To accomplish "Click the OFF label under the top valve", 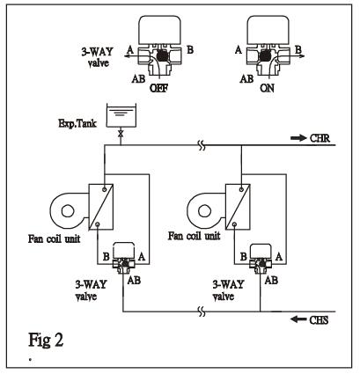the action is click(x=159, y=88).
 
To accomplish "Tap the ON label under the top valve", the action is click(x=267, y=88).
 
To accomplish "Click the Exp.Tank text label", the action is click(x=77, y=123).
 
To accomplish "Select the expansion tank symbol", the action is click(x=121, y=115).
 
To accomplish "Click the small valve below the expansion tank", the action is click(x=121, y=134).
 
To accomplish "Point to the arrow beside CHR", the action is click(x=298, y=138).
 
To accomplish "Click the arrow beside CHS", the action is click(x=298, y=319).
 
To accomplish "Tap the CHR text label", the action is click(x=320, y=138).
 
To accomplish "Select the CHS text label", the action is click(x=319, y=319).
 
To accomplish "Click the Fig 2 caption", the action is click(x=46, y=341).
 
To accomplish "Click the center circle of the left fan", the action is click(x=68, y=211).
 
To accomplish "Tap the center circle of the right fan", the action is click(x=204, y=211).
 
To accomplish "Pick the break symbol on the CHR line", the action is click(x=202, y=145).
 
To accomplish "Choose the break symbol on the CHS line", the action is click(x=202, y=312).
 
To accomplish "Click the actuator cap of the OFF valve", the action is click(x=160, y=29).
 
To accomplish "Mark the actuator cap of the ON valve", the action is click(x=268, y=29).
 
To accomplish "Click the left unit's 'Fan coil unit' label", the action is click(x=54, y=238).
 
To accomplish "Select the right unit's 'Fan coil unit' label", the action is click(x=194, y=236).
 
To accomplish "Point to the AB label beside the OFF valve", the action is click(x=138, y=78).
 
